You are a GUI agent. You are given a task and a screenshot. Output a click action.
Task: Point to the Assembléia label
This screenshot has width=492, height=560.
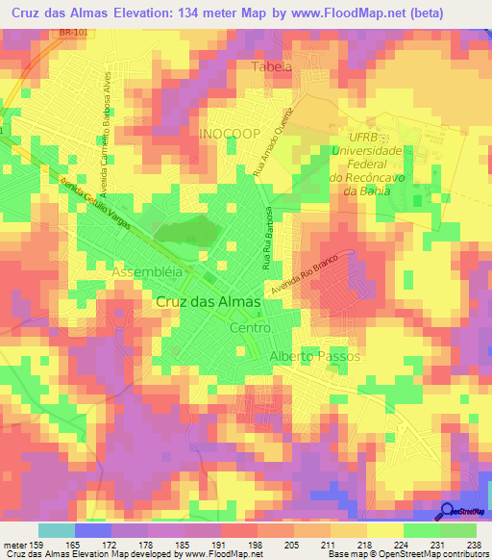pyautogui.click(x=147, y=272)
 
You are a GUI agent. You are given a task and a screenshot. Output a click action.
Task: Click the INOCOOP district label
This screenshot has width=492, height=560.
pyautogui.click(x=229, y=134)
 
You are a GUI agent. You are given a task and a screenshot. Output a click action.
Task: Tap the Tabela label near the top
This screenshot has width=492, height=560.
pyautogui.click(x=271, y=66)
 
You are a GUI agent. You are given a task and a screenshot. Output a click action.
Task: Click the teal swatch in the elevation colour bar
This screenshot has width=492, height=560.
pyautogui.click(x=56, y=530)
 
